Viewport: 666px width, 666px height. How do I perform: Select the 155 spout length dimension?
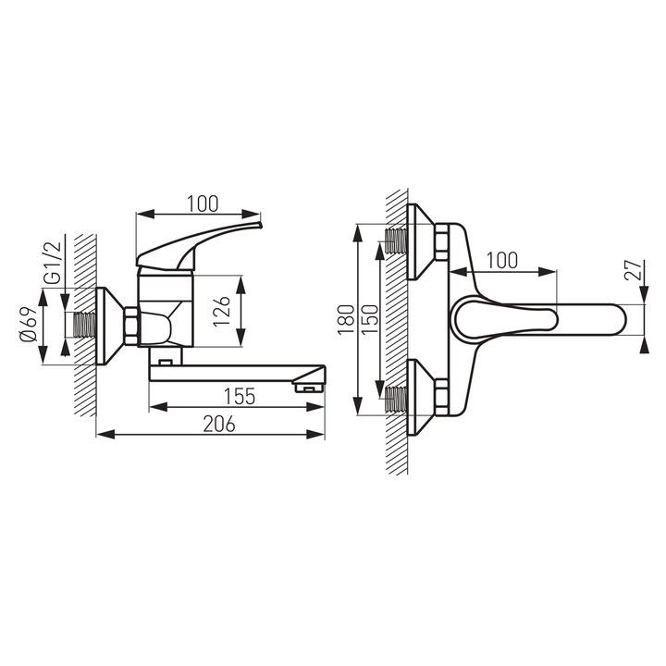(239, 396)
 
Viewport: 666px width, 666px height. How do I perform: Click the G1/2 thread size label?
(53, 265)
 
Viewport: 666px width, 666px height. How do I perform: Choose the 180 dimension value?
(345, 320)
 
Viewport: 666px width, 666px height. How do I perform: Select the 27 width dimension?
(633, 271)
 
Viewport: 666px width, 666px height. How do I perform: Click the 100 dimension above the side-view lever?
(200, 201)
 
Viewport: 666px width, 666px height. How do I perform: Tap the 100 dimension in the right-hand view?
(500, 259)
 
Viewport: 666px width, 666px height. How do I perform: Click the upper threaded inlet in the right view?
(398, 241)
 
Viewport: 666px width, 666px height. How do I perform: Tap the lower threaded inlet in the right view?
(398, 399)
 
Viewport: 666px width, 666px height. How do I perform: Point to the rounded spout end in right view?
(615, 319)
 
